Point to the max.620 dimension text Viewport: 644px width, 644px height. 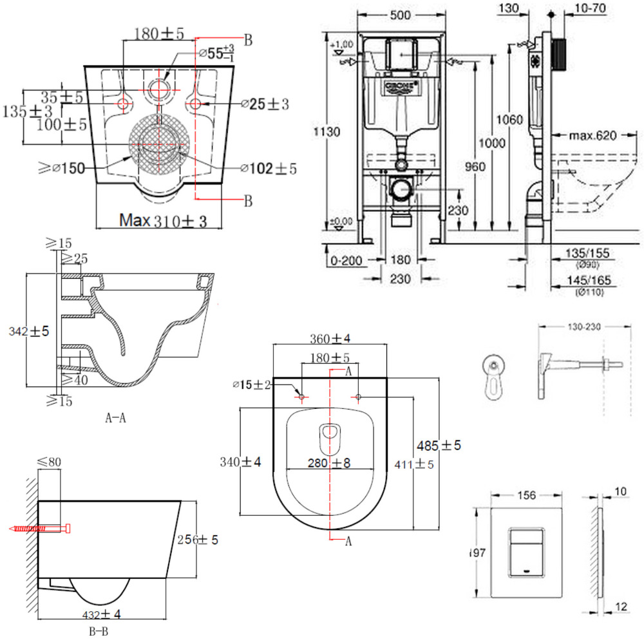point(593,135)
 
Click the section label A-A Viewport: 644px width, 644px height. point(116,417)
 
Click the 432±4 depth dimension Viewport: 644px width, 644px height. point(102,614)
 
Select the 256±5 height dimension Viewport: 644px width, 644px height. point(196,540)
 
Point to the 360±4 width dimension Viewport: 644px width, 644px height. point(330,338)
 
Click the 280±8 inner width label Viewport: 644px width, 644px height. point(329,463)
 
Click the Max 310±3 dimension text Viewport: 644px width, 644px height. point(163,221)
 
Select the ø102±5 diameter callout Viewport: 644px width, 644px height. point(269,169)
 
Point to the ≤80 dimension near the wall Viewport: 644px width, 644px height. point(49,460)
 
